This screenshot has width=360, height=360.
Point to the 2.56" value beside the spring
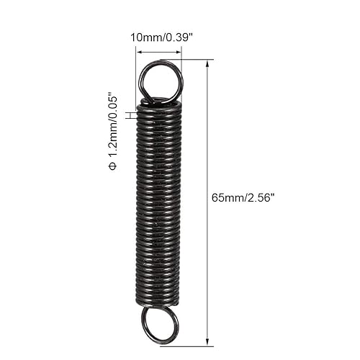point(261,198)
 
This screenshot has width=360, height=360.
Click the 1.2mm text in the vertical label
point(113,142)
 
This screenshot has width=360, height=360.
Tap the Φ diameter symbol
point(113,166)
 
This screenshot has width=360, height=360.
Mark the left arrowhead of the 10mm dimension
point(139,52)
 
